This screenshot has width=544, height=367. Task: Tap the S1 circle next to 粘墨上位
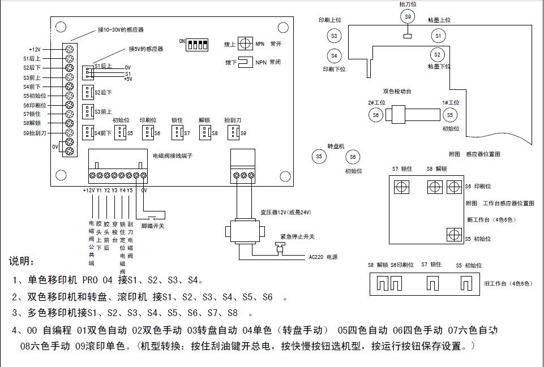pos(437,36)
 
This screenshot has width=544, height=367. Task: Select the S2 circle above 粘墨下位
pos(437,55)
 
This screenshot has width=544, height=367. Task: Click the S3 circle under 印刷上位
pos(334,36)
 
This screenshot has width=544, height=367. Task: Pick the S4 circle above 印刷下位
pos(334,55)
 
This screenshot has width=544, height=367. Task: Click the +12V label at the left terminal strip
pos(35,49)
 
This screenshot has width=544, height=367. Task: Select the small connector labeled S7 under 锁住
pos(178,132)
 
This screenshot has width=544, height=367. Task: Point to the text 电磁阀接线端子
pos(173,155)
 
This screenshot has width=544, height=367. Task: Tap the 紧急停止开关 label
pos(297,236)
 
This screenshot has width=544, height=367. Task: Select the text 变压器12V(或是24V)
pos(286,212)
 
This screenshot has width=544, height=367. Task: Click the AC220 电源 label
pos(323,257)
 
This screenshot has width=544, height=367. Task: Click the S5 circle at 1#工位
pos(450,115)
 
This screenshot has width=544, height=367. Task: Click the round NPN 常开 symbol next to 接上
pos(245,44)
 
